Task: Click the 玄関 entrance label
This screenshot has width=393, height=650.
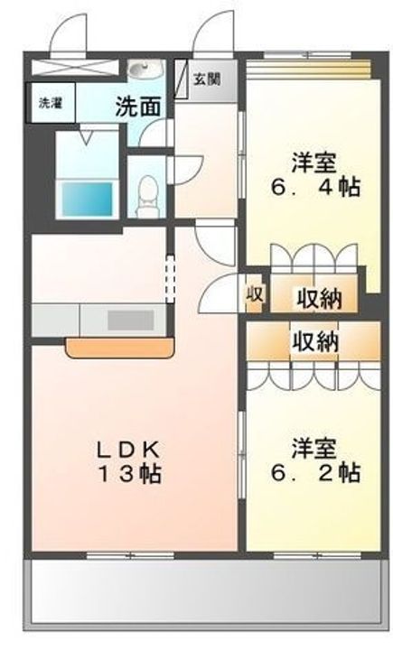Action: tap(207, 79)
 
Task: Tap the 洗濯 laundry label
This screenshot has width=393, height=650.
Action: tap(51, 103)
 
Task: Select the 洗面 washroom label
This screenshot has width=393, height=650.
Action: tap(138, 107)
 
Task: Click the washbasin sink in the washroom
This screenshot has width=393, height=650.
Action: tap(144, 69)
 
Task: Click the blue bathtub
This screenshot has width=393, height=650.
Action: tap(87, 199)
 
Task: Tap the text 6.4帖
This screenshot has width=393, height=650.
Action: tap(315, 187)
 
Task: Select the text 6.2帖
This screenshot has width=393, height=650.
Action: tap(315, 472)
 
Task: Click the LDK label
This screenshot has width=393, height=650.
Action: tap(128, 449)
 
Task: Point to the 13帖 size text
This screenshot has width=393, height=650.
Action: tap(129, 473)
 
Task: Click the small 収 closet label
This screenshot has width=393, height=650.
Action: tap(254, 294)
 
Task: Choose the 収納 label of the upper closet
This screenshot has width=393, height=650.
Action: tap(319, 298)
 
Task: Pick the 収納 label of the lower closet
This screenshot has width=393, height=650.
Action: tap(315, 342)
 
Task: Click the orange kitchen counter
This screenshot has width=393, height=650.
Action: tap(120, 348)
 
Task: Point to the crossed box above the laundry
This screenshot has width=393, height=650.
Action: tap(76, 68)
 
